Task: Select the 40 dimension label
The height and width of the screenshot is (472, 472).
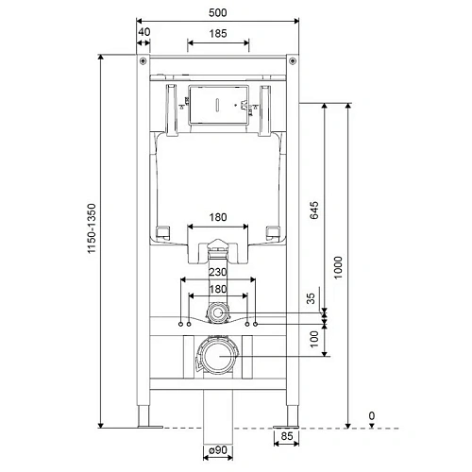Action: (x=143, y=31)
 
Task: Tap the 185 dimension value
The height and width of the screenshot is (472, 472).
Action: (x=218, y=32)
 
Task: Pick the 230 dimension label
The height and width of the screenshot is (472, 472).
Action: (x=218, y=270)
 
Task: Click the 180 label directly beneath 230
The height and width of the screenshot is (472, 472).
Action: (x=218, y=289)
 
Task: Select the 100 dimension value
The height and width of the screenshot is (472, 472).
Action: (x=312, y=337)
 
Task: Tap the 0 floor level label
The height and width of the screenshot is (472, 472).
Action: (x=371, y=415)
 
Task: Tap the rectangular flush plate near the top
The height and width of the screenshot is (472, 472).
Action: (x=218, y=104)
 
